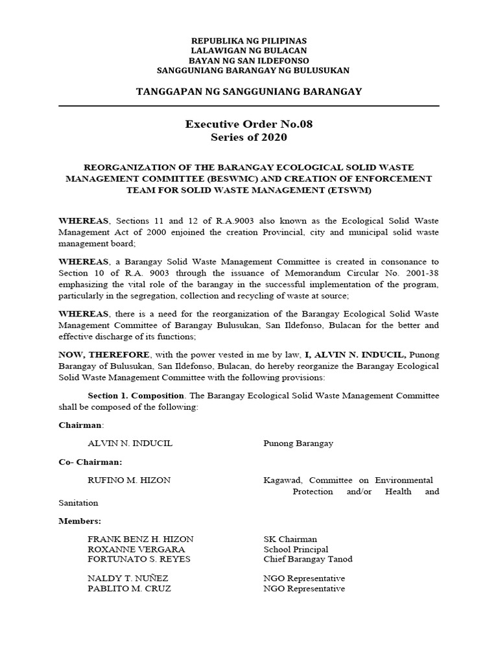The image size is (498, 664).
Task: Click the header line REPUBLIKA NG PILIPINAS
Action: pyautogui.click(x=249, y=40)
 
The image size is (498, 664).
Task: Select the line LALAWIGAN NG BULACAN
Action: pyautogui.click(x=249, y=50)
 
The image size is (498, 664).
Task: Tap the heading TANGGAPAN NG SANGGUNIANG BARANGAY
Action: pyautogui.click(x=249, y=91)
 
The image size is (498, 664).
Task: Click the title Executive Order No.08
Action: pyautogui.click(x=249, y=124)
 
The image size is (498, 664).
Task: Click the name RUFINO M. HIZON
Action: pyautogui.click(x=130, y=480)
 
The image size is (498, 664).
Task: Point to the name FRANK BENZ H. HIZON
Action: pyautogui.click(x=140, y=539)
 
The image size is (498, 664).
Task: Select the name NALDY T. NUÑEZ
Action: pyautogui.click(x=130, y=578)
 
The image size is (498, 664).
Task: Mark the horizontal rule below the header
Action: pyautogui.click(x=249, y=106)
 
